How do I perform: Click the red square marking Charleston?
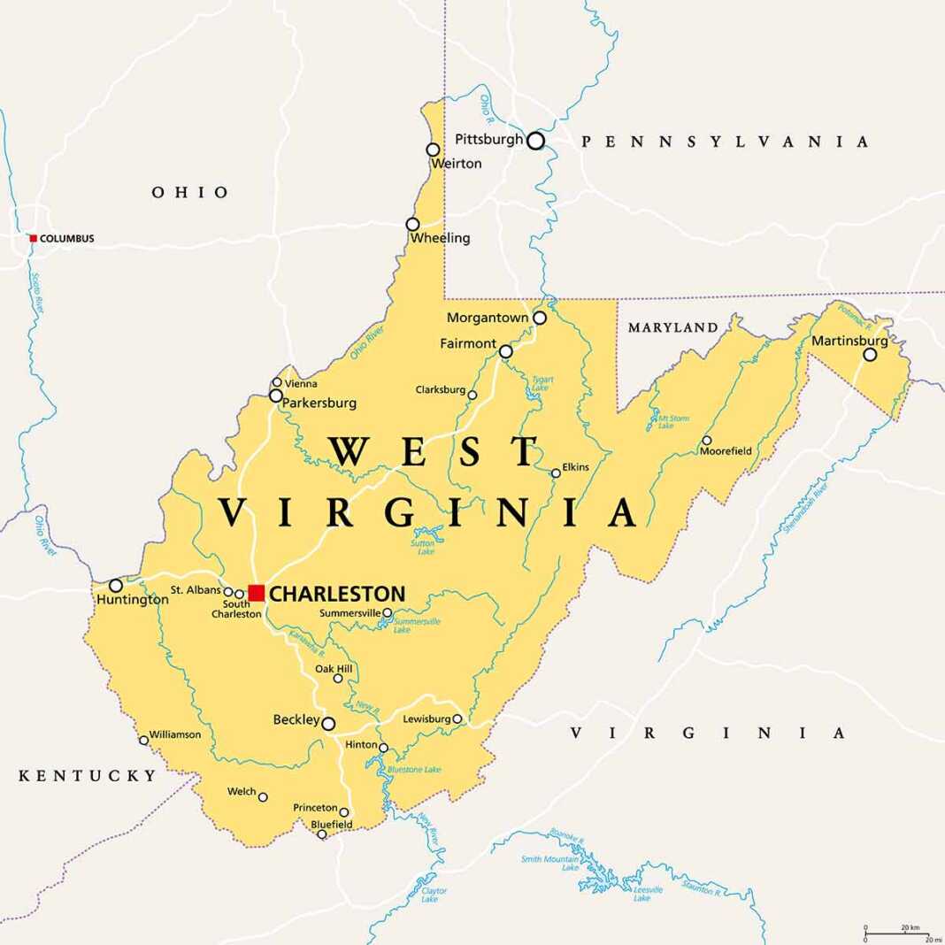coord(257,593)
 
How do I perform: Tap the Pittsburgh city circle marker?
coord(535,141)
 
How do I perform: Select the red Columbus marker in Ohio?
coord(34,238)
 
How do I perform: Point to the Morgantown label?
coord(487,318)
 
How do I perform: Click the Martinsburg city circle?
coord(870,355)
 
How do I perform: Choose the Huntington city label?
coord(131,600)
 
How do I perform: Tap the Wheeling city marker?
coord(412,224)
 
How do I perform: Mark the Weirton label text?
coord(456,164)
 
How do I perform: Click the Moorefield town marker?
coord(706,440)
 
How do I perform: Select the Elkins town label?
coord(575,467)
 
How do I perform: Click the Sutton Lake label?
coord(423,547)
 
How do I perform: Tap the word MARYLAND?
coord(672,328)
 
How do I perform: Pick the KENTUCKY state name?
coord(88,776)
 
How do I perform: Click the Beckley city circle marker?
coord(328,724)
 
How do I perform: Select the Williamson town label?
coord(175,734)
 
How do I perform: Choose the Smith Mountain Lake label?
coord(549,864)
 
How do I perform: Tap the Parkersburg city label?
coord(319,403)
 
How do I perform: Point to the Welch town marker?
coord(263,797)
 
